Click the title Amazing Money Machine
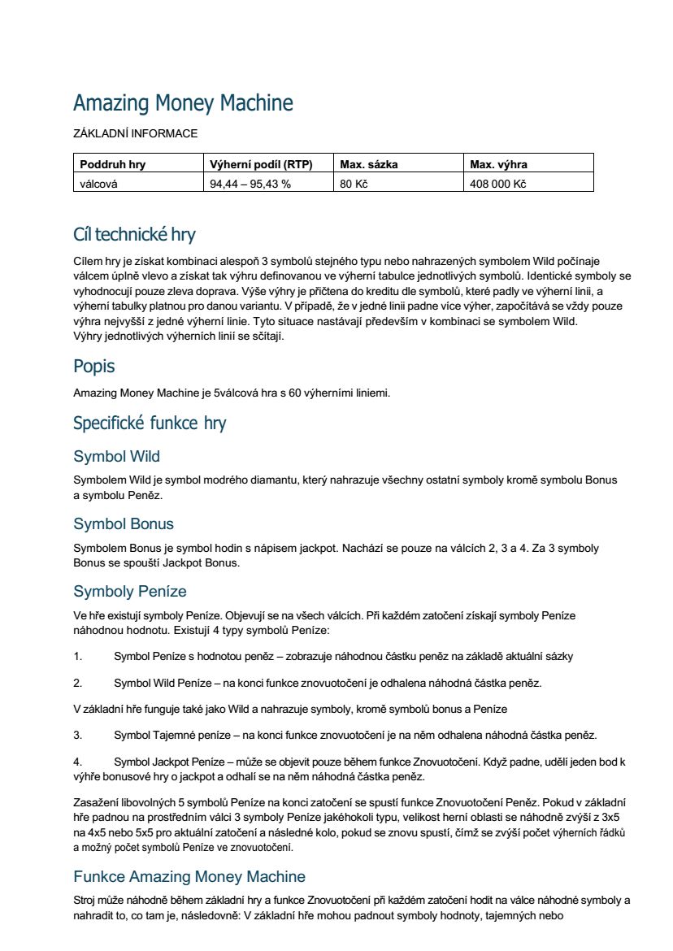tap(183, 103)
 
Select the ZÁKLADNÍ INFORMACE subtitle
tap(135, 133)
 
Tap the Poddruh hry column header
tap(113, 164)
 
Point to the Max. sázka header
tap(369, 164)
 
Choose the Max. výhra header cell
tap(499, 164)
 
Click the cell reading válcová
tap(98, 184)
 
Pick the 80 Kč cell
tap(354, 184)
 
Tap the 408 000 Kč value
tap(498, 184)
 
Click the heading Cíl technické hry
tap(134, 235)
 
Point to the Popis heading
tap(94, 366)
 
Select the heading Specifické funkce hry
tap(150, 423)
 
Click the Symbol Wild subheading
tap(116, 456)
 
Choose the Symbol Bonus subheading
tap(124, 523)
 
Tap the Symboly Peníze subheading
tap(130, 591)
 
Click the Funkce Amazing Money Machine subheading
tap(189, 876)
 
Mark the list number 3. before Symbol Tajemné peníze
tap(78, 736)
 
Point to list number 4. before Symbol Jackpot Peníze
tap(78, 762)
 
